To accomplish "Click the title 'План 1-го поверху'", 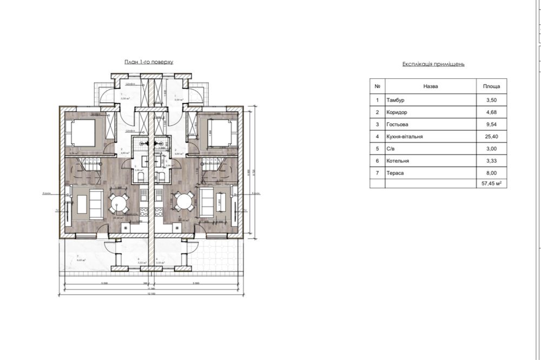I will (x=149, y=62).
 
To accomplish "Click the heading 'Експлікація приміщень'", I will (x=433, y=64).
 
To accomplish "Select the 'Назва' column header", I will (x=431, y=86).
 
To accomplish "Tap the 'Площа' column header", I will (x=491, y=86).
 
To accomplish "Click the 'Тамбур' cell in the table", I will (x=395, y=100).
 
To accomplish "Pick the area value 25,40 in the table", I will (x=491, y=137).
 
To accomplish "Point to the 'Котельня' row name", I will (x=398, y=161).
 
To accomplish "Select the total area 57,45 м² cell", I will (x=491, y=184).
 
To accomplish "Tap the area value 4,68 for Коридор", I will (x=491, y=112).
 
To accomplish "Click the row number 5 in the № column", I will (x=377, y=149).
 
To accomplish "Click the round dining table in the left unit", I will (x=118, y=203).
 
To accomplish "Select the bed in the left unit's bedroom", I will (x=81, y=132).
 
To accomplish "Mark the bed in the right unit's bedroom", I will (x=221, y=132).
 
